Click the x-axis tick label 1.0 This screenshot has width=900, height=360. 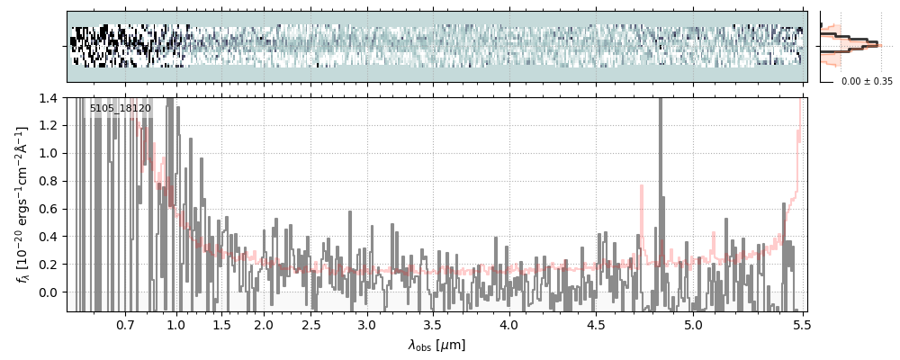176,324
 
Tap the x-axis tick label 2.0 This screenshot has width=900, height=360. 263,324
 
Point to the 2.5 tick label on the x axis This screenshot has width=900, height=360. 310,324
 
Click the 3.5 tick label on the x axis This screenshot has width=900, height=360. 433,324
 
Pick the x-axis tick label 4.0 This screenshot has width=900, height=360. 508,324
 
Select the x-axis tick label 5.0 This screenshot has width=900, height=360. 694,324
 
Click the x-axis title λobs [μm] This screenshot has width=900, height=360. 436,345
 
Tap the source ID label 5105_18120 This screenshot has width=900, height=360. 120,108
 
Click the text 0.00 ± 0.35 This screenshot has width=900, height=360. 867,81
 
